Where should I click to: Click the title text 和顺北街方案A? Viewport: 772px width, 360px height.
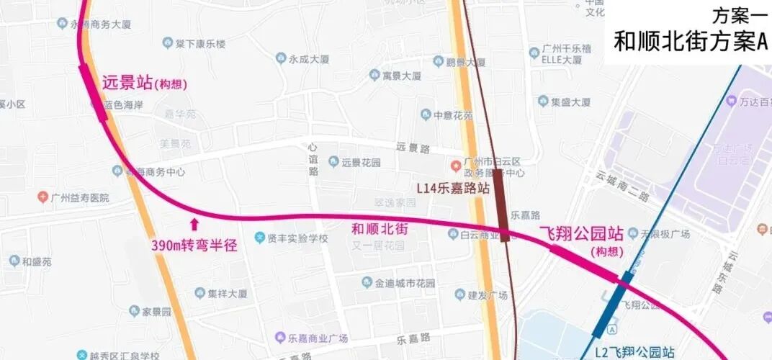[x=691, y=42]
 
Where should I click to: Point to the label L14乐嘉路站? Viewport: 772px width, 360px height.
[x=454, y=188]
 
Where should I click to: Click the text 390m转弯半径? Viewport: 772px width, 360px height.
[x=194, y=245]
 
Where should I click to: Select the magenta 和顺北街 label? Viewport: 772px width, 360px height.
[x=380, y=229]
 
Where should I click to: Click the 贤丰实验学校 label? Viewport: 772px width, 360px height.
[x=297, y=238]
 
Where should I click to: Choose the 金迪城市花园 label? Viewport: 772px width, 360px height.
[x=405, y=283]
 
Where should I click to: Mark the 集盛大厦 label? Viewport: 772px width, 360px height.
[x=570, y=102]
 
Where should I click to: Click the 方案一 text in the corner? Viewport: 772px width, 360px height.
[x=738, y=15]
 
